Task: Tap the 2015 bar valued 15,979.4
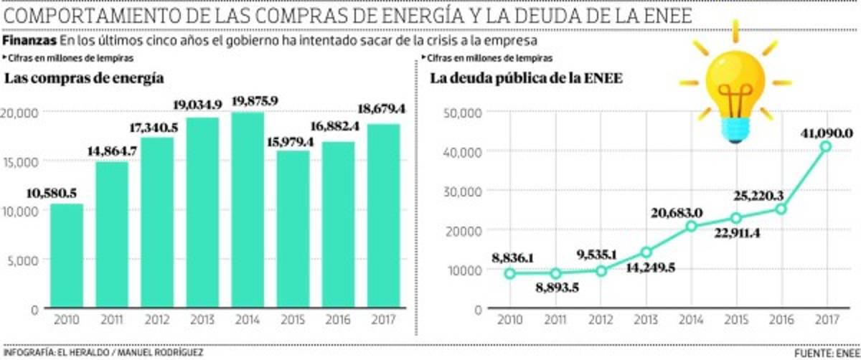[x=293, y=229]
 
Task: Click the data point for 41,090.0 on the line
[x=826, y=146]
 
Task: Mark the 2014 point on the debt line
[x=691, y=227]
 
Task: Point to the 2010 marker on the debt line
[x=510, y=273]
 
